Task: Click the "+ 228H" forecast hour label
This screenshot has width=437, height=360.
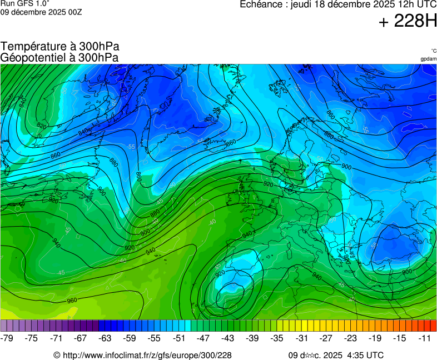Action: click(x=408, y=22)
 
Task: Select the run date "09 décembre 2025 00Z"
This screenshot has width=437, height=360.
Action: click(x=41, y=12)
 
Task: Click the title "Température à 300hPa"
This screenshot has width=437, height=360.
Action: click(x=60, y=47)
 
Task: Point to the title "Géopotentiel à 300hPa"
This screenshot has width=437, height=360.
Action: click(x=59, y=57)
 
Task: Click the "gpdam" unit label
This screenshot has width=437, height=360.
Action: click(x=429, y=59)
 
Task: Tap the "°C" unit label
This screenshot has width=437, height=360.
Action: click(x=433, y=51)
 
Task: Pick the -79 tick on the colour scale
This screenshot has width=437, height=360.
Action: click(x=8, y=338)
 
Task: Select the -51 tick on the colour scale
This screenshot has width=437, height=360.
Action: click(x=179, y=338)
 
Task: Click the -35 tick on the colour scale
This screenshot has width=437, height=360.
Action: click(x=277, y=338)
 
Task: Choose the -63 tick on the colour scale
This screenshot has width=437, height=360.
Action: click(x=106, y=338)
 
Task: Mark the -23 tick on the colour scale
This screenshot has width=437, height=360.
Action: click(x=350, y=338)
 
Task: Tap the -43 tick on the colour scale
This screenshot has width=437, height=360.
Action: click(x=228, y=338)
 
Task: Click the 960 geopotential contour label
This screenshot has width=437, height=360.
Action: click(x=72, y=301)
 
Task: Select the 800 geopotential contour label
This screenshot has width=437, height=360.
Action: click(x=407, y=272)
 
